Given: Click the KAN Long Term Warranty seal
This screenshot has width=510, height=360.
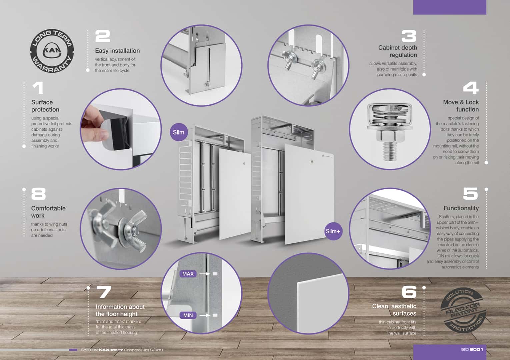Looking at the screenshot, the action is point(52,51).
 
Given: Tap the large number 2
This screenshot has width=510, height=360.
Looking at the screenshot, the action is point(103,36).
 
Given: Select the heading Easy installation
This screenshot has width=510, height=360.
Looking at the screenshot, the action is point(117,51).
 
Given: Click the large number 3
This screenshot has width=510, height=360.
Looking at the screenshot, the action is point(409,36).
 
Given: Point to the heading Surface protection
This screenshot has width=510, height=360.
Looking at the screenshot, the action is point(45,106).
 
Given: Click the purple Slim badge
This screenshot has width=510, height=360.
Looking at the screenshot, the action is point(179,132).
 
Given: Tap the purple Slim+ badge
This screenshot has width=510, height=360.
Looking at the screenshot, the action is point(333,231).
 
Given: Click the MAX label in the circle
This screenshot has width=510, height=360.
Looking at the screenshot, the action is point(188,274).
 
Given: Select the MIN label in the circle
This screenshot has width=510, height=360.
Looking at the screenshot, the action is point(188,315).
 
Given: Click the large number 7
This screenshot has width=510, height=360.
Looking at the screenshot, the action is point(104,292).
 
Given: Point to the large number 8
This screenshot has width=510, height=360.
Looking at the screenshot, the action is point(38,194).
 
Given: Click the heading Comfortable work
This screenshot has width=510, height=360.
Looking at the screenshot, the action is point(48,212).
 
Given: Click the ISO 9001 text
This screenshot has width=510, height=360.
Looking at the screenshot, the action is point(472,349).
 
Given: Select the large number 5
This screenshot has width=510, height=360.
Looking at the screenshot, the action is point(470,194).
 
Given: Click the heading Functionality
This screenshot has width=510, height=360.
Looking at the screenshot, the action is point(461,208).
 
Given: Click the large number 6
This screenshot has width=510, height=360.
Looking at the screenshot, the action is point(409,292).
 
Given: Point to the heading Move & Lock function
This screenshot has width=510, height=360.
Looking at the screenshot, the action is point(461,106).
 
